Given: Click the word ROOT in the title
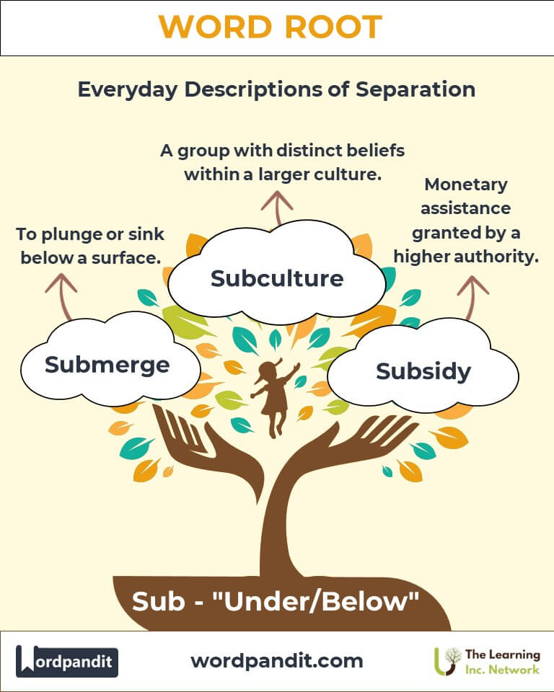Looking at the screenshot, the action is coord(333,27).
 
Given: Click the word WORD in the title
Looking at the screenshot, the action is coord(215,27).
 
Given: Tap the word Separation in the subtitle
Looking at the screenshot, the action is coord(415,89).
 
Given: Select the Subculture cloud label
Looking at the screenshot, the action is coord(277,278).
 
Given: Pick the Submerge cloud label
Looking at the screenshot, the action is coord(107,365).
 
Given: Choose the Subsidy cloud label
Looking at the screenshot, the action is coord(423,372).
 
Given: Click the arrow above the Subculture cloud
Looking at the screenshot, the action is coord(277,208).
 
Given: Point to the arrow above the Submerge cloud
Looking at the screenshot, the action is coord(62,296).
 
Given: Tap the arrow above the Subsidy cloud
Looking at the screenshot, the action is coord(472,297).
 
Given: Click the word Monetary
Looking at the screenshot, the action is coord(466,185).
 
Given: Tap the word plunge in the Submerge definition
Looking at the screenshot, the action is coord(74,235).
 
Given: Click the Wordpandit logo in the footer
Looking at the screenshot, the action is coord(66,661).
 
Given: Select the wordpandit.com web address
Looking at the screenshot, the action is coord(277,661).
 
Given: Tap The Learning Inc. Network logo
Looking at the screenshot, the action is coord(487,662).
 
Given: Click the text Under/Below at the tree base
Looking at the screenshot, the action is coord(315,601).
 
